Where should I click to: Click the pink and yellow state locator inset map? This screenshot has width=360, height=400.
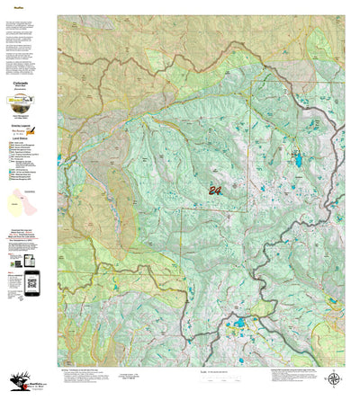coord(24,200)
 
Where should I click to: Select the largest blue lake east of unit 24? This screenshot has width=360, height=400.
coord(297,162)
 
